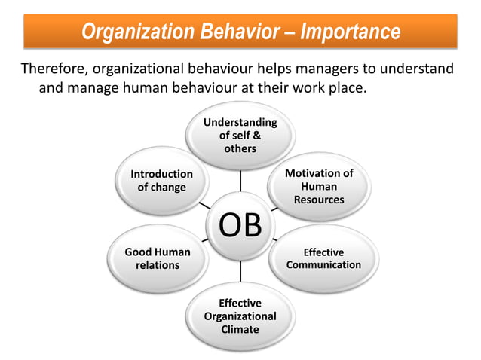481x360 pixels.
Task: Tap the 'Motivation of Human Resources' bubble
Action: point(319,186)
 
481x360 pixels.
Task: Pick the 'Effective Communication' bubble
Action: point(323,258)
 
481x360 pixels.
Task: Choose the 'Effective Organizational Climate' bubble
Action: point(240,316)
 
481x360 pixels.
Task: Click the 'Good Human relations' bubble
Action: point(158,258)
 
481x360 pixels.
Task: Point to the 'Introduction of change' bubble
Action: point(162,181)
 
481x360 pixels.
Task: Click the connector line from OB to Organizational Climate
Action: point(240,270)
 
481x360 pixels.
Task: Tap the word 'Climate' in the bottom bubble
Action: point(240,329)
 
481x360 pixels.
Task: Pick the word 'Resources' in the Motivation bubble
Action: point(319,200)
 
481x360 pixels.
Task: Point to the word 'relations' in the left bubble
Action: point(158,265)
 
